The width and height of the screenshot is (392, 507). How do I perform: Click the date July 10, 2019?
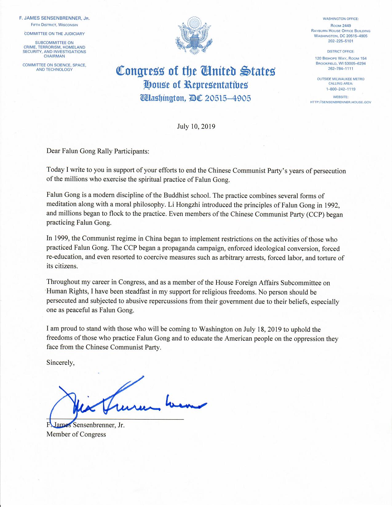coord(196,127)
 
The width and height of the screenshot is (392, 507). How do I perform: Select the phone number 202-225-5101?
coord(340,41)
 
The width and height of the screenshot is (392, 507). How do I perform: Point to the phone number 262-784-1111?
coord(340,69)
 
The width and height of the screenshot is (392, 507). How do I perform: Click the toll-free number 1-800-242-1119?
coord(340,89)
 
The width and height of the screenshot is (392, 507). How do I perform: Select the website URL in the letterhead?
coord(340,102)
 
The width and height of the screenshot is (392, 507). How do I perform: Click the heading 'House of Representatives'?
coord(194,84)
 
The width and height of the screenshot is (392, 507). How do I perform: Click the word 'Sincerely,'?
coord(61,363)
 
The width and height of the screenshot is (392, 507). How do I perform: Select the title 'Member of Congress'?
coord(76,434)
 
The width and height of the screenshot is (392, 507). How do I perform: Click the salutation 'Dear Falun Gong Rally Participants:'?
coord(98,151)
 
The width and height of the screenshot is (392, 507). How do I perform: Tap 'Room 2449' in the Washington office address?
coord(340,26)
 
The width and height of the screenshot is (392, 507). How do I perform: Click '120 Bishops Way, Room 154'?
coord(340,58)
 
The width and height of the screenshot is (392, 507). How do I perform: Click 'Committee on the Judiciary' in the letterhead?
coord(54,34)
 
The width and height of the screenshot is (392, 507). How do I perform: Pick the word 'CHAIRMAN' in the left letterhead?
coord(54,56)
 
